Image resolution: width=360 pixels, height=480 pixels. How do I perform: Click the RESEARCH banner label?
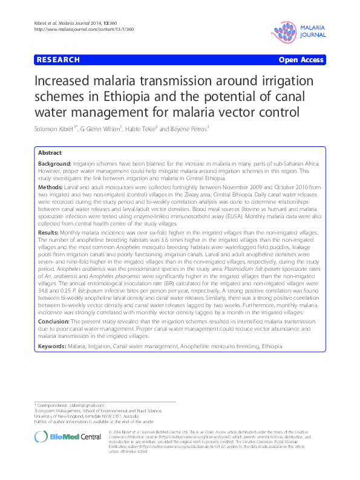point(58,60)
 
